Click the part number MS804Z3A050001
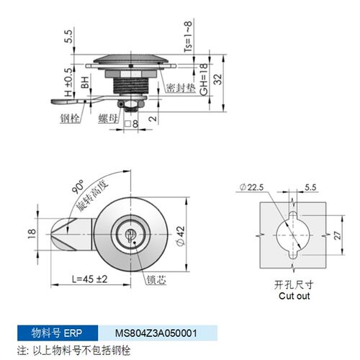pos(156,333)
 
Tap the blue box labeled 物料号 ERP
pos(58,333)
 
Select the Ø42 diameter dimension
pos(181,235)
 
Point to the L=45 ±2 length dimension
pos(90,279)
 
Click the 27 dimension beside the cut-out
pos(338,235)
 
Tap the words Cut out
pos(294,296)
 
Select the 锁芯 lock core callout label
pos(156,280)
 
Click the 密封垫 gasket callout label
pos(181,88)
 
